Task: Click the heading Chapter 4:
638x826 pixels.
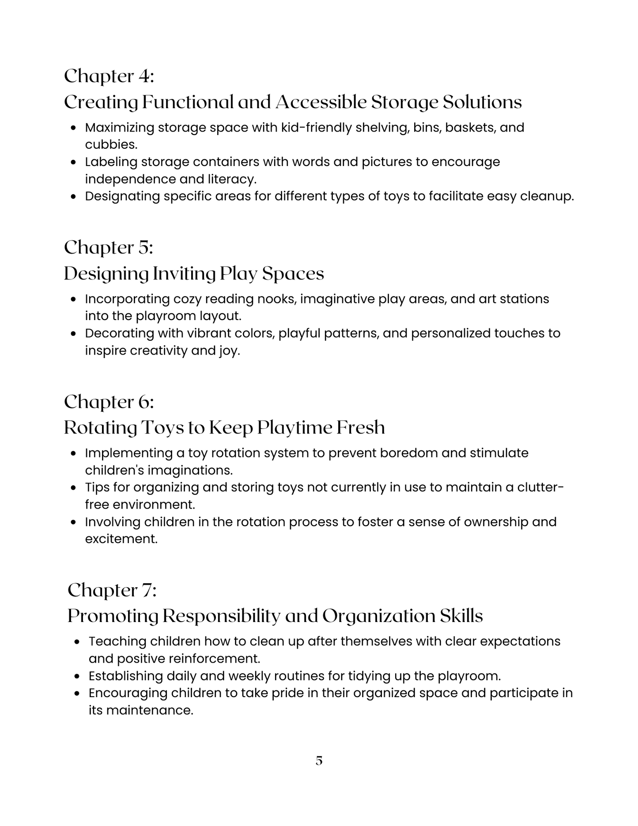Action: pos(109,76)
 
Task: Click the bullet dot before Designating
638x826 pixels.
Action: pos(74,197)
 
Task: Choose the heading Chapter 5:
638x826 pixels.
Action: pos(108,248)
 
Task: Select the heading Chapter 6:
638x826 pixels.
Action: pos(109,402)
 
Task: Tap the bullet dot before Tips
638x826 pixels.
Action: pos(74,488)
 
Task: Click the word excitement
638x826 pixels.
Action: pos(121,539)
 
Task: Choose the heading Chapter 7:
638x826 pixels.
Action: pos(112,590)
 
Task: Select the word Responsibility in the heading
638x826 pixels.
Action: pos(221,616)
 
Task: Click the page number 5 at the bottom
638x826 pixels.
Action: pos(319,761)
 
